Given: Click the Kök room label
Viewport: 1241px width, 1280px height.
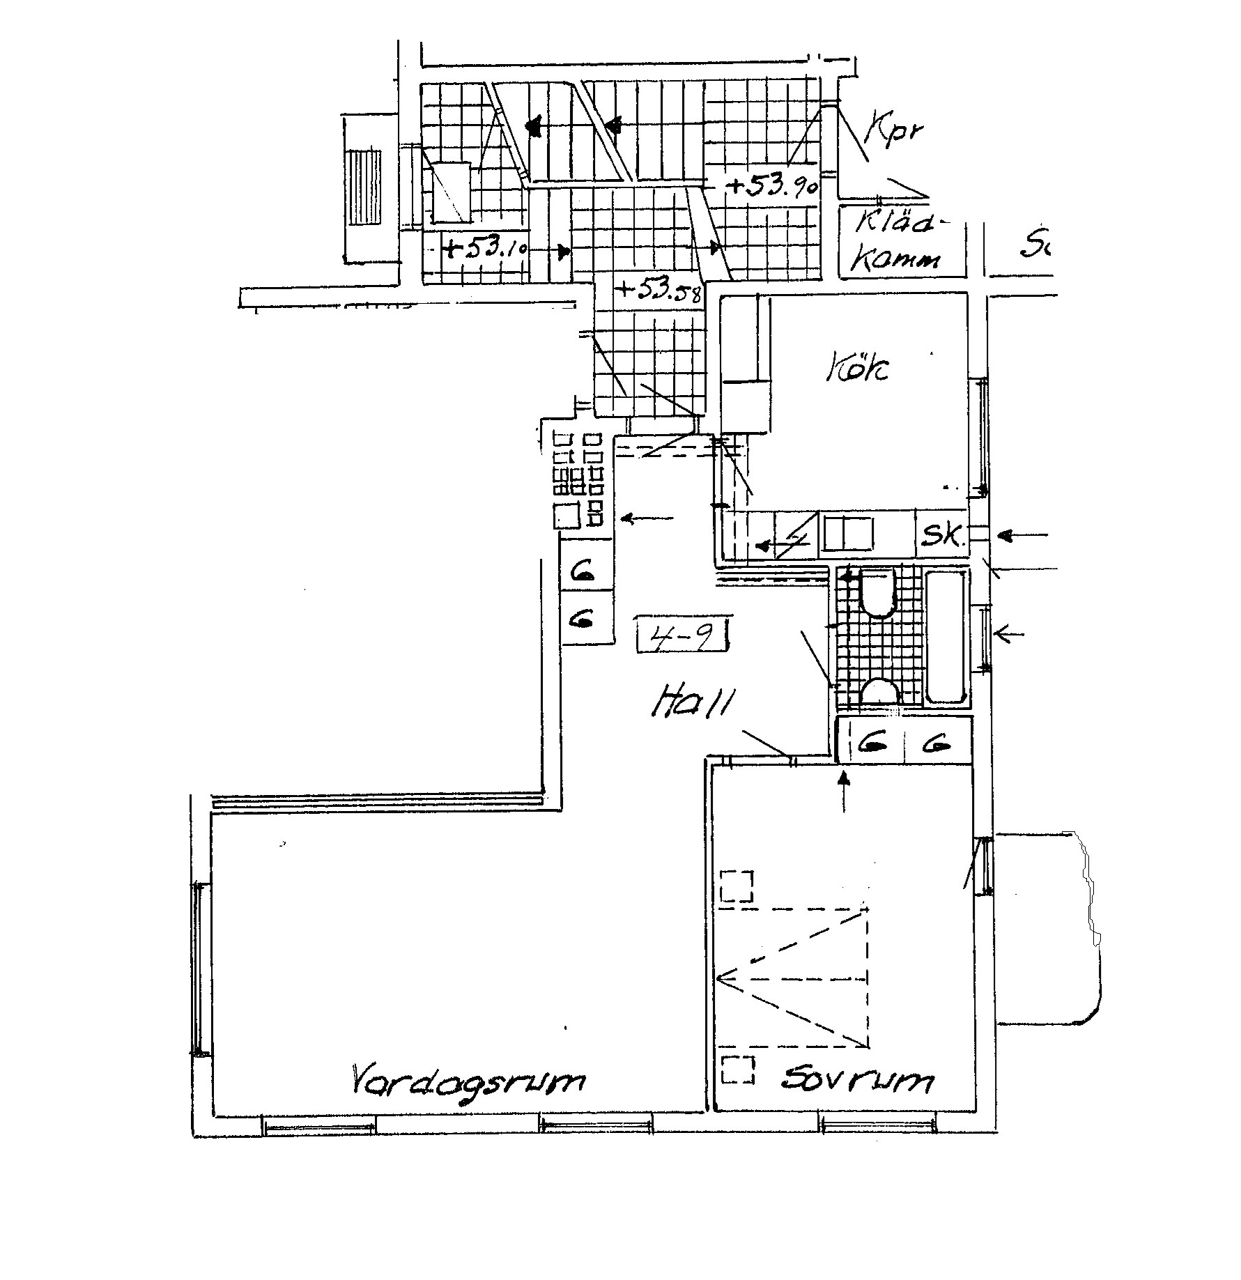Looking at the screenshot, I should [x=858, y=368].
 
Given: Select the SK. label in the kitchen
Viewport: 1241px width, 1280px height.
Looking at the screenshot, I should [x=943, y=535].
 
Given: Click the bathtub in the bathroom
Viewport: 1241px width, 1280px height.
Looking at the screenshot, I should [x=946, y=635].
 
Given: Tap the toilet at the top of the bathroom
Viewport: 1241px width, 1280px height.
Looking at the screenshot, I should [x=877, y=592].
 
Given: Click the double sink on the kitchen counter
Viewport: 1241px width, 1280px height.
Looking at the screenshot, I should [x=848, y=534].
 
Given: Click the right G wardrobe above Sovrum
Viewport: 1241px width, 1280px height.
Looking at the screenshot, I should [x=937, y=744].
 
